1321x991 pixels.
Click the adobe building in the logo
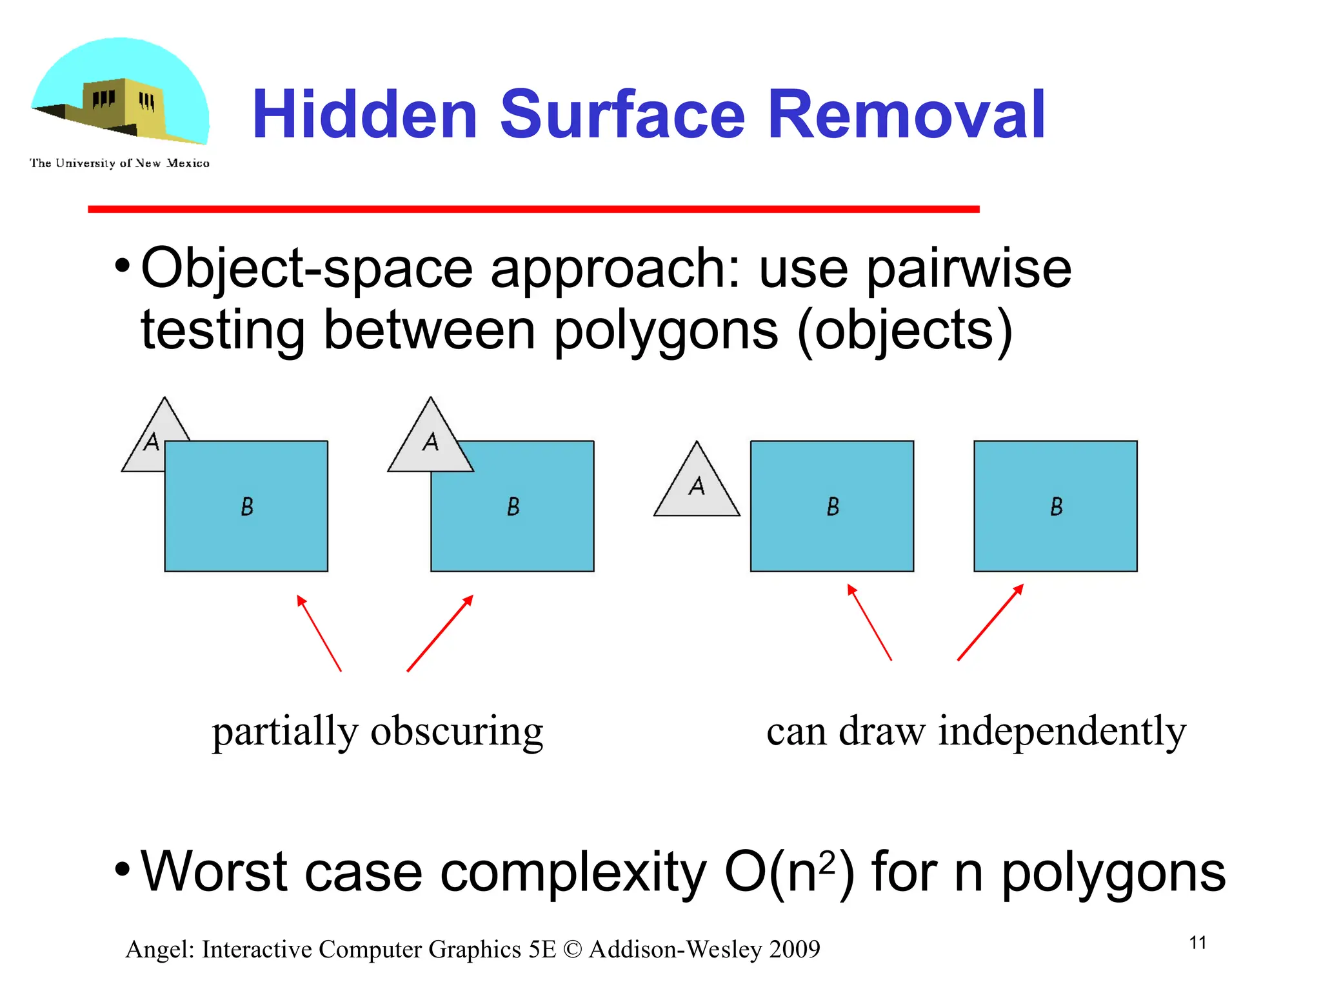123,106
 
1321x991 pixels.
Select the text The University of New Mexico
119,163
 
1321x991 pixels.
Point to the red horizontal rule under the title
533,209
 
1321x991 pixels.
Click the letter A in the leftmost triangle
152,442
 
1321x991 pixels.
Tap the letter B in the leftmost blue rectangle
247,506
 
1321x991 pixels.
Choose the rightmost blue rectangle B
1055,506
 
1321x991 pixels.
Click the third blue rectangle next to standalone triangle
832,506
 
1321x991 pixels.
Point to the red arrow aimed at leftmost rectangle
319,633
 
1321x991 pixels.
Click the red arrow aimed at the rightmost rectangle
990,623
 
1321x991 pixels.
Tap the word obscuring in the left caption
457,732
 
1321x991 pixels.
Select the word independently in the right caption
1062,732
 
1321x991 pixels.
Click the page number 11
1197,943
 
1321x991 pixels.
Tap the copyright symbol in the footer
571,950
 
